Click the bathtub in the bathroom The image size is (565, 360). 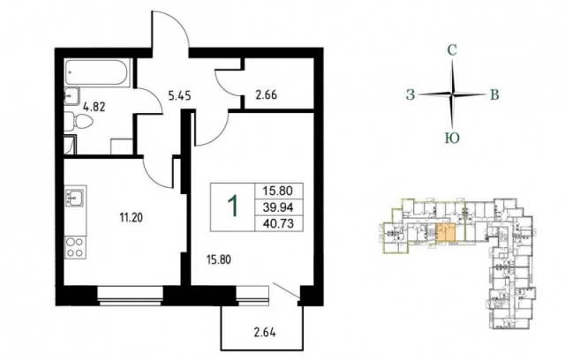pos(96,72)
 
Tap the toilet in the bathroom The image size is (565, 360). pos(79,121)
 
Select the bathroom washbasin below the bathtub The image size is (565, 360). pos(72,96)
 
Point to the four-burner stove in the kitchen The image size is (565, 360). pos(75,247)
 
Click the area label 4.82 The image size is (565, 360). pos(94,107)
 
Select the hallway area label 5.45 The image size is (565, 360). pos(179,96)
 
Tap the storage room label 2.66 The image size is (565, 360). pos(267,96)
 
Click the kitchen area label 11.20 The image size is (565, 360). pos(132,217)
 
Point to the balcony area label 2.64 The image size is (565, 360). pos(265,333)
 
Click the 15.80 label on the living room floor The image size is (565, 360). pos(219,259)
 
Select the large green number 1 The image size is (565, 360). pos(233,206)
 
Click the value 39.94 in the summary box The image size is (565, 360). pos(278,207)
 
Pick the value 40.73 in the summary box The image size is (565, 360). pos(278,223)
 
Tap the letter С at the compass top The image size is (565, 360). pos(452,50)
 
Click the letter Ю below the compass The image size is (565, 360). pos(452,138)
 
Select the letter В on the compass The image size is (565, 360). pos(494,94)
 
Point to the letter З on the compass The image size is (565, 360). pos(411,94)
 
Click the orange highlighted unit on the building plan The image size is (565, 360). pos(445,233)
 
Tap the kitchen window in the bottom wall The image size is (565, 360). pos(131,296)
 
